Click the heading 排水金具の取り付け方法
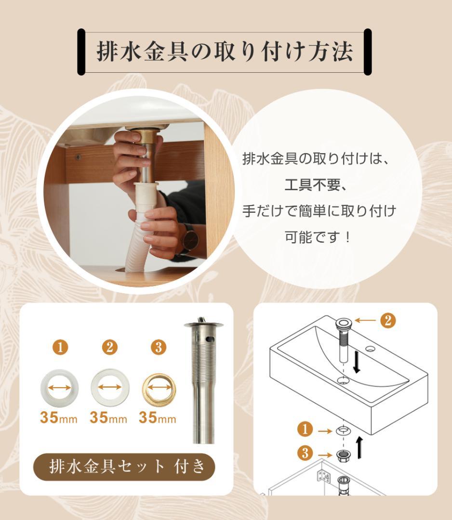pyautogui.click(x=225, y=52)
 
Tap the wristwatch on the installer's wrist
pyautogui.click(x=189, y=239)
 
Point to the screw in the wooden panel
pyautogui.click(x=76, y=156)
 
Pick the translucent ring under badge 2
pyautogui.click(x=109, y=388)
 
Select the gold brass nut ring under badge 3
pyautogui.click(x=159, y=388)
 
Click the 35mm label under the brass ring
pyautogui.click(x=158, y=418)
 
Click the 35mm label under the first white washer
pyautogui.click(x=58, y=418)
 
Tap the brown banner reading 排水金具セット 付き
pyautogui.click(x=124, y=467)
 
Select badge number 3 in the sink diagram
pyautogui.click(x=305, y=453)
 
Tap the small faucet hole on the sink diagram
pyautogui.click(x=370, y=349)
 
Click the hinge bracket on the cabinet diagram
pyautogui.click(x=323, y=477)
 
